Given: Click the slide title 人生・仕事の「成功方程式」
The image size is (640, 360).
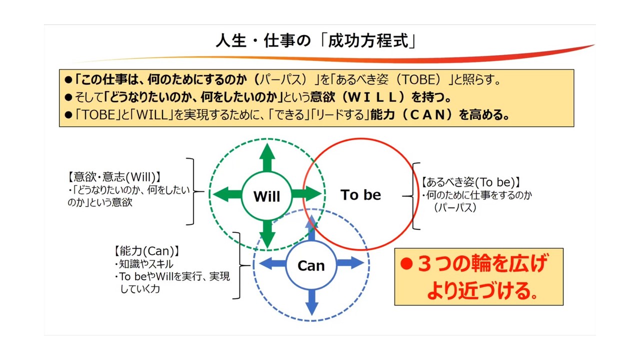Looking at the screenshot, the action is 316,40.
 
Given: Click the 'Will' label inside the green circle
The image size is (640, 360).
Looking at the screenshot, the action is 266,196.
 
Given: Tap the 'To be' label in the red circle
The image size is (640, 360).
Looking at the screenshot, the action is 360,195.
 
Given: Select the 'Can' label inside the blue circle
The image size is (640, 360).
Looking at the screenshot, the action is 311,265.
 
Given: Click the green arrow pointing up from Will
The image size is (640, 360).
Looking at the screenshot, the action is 267,157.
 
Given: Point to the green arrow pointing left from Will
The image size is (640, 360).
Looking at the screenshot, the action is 227,194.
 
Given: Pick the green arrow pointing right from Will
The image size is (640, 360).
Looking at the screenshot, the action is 306,193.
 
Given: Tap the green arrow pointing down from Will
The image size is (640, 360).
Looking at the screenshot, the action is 267,234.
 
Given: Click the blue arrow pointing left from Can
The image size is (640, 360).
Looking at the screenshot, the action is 272,263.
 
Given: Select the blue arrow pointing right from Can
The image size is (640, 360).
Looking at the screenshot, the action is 350,262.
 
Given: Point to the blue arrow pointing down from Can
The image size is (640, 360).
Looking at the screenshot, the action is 311,302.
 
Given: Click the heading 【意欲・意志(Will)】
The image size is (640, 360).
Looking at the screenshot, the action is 114,177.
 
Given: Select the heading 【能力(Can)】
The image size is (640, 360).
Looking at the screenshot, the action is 146,251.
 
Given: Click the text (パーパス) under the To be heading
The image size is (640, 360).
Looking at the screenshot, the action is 455,207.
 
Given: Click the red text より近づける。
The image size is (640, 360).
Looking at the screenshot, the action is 482,290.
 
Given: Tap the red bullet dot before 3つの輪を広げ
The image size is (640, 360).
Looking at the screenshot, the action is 406,263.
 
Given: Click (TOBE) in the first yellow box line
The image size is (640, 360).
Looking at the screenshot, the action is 420,79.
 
